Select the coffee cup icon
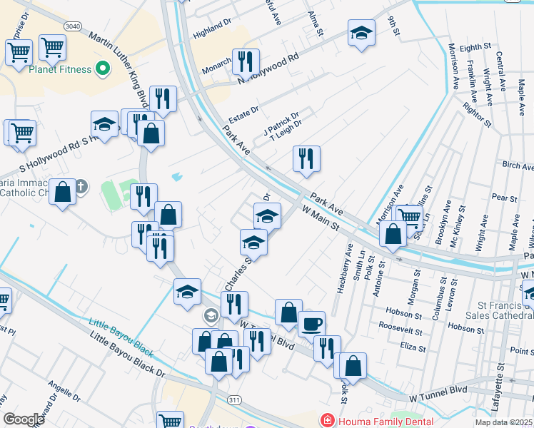click(x=311, y=323)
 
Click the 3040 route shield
click(x=72, y=26)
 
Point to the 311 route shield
click(x=234, y=400)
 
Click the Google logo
click(x=24, y=419)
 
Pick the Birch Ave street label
click(x=518, y=165)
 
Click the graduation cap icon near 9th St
click(x=362, y=32)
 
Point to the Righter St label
click(x=476, y=115)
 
